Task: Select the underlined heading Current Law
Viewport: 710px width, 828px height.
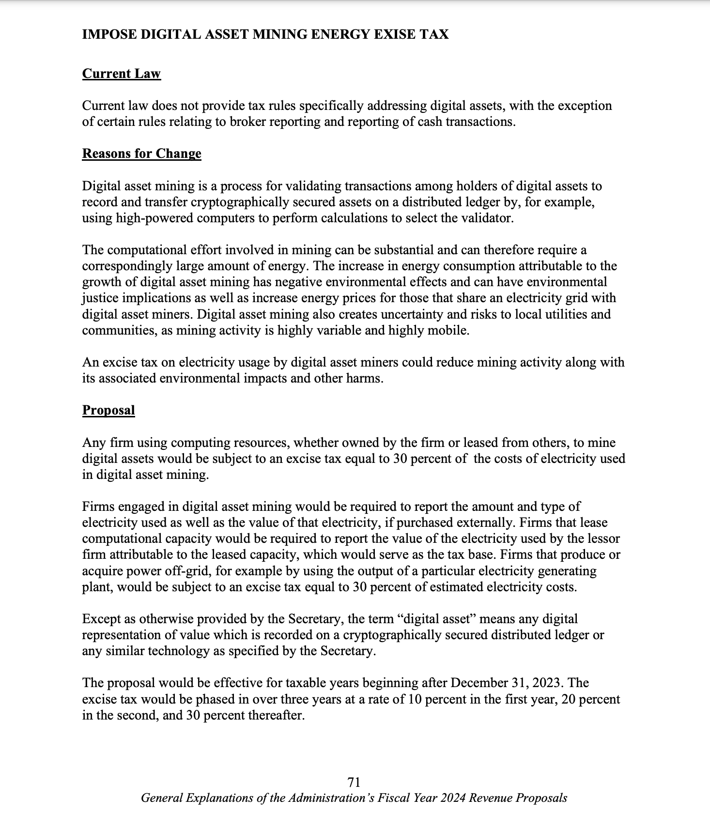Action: pos(121,74)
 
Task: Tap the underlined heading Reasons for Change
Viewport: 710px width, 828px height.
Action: pos(141,153)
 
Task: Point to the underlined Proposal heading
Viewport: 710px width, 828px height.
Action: pos(108,410)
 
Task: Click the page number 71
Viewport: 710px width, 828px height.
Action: pos(354,782)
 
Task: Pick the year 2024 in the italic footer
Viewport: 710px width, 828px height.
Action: pos(454,798)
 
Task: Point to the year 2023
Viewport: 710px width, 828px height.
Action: pos(548,683)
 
